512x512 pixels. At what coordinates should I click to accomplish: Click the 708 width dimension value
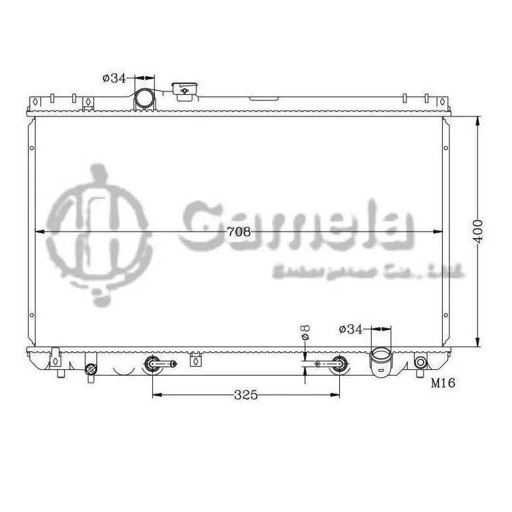click(x=239, y=232)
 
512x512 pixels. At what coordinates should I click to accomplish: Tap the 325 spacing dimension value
click(x=245, y=395)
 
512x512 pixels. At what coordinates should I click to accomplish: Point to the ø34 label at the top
click(x=114, y=78)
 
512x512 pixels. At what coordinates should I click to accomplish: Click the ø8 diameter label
click(x=305, y=333)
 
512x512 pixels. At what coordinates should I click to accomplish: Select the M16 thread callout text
click(x=442, y=383)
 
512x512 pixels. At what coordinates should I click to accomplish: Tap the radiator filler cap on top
click(x=184, y=90)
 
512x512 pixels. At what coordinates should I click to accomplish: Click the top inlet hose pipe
click(x=144, y=100)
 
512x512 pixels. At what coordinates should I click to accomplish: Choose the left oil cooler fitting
click(x=154, y=364)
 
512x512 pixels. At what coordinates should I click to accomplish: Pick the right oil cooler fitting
click(x=338, y=364)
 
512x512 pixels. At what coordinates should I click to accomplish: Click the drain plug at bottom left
click(x=91, y=369)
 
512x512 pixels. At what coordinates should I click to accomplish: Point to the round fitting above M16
click(x=420, y=363)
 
